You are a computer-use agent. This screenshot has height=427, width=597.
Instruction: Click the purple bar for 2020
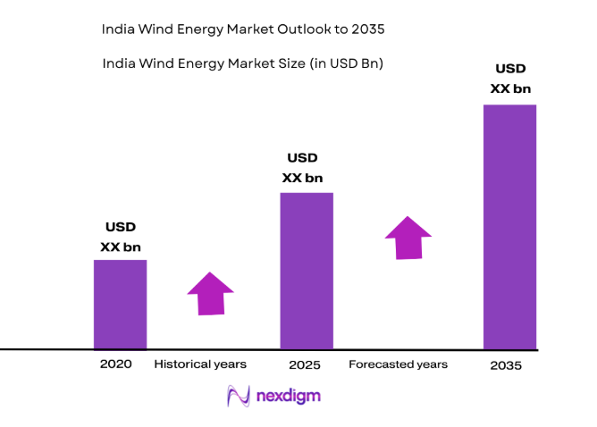pyautogui.click(x=120, y=305)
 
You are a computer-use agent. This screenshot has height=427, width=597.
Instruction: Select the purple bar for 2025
pyautogui.click(x=307, y=271)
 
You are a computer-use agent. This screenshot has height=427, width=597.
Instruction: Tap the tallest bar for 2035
pyautogui.click(x=509, y=227)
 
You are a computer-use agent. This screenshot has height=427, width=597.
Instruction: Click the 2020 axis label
pyautogui.click(x=116, y=364)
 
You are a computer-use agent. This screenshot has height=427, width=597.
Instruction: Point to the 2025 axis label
pyautogui.click(x=305, y=365)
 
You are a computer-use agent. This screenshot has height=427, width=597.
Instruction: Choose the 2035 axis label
pyautogui.click(x=506, y=366)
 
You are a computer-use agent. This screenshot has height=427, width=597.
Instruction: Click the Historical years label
pyautogui.click(x=200, y=364)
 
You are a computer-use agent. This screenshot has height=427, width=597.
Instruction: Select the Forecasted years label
pyautogui.click(x=398, y=364)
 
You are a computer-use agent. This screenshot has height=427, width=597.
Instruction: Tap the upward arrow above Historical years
pyautogui.click(x=210, y=293)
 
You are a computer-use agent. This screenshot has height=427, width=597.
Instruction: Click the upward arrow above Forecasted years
pyautogui.click(x=408, y=238)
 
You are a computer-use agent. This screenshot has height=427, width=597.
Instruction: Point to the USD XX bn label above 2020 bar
pyautogui.click(x=121, y=238)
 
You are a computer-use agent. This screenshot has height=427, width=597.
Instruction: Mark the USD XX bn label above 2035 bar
pyautogui.click(x=510, y=79)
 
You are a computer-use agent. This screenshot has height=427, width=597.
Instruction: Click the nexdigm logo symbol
pyautogui.click(x=238, y=396)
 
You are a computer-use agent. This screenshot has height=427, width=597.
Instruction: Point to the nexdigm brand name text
pyautogui.click(x=288, y=396)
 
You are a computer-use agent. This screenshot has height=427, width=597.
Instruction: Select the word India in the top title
pyautogui.click(x=119, y=29)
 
